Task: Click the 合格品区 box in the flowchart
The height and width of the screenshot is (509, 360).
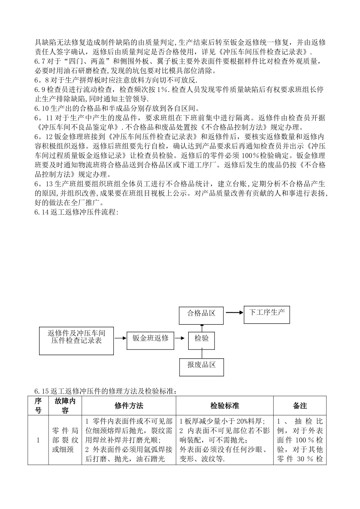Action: (201, 313)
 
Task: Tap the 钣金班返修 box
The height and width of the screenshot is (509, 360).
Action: (150, 338)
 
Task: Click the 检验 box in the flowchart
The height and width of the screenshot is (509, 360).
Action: (202, 338)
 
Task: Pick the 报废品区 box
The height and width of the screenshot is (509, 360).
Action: (201, 365)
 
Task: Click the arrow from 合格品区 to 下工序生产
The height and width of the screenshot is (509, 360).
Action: (234, 312)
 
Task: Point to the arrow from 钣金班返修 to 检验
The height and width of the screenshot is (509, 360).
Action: (181, 338)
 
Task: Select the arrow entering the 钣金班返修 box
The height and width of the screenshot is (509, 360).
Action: (121, 338)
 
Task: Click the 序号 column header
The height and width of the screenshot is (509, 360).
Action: (38, 406)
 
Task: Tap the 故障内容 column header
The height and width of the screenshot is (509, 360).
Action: (65, 406)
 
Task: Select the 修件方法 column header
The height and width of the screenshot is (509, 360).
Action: (129, 406)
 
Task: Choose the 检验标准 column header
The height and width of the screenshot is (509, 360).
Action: (225, 406)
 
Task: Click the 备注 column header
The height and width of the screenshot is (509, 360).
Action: (300, 406)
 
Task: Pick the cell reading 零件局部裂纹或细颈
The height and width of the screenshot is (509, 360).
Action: (65, 440)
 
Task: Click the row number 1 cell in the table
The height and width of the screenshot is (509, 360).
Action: (38, 440)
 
